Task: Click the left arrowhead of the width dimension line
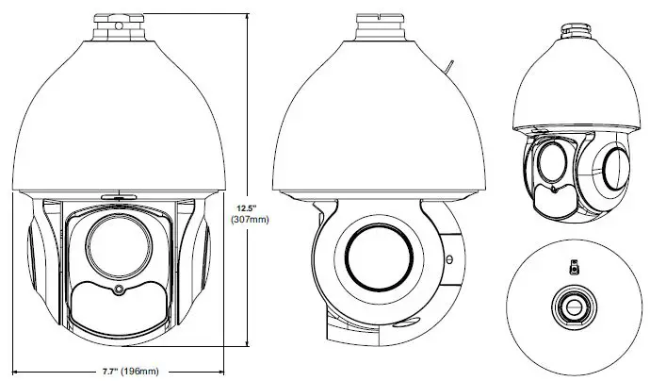coord(16,368)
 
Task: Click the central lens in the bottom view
coord(572,306)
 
